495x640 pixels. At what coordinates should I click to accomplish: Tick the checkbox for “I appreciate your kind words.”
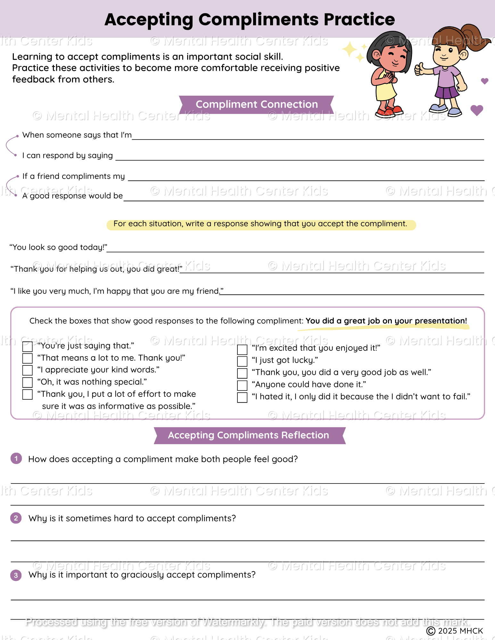click(x=28, y=370)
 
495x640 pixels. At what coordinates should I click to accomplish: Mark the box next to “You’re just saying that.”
click(x=28, y=347)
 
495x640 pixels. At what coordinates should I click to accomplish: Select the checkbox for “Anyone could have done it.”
click(x=242, y=385)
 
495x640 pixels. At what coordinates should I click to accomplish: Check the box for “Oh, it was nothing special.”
click(x=28, y=382)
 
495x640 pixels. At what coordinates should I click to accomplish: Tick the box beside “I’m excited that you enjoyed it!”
click(x=242, y=349)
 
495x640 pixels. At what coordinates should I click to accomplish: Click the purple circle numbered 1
click(x=16, y=458)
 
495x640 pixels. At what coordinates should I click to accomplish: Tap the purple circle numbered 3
click(x=16, y=575)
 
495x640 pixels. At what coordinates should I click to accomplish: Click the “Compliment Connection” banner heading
click(x=257, y=104)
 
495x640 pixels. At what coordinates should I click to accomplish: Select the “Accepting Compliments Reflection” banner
click(x=249, y=435)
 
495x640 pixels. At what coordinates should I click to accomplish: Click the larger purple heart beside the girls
click(x=477, y=110)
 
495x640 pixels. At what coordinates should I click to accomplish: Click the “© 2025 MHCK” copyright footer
click(x=455, y=631)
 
